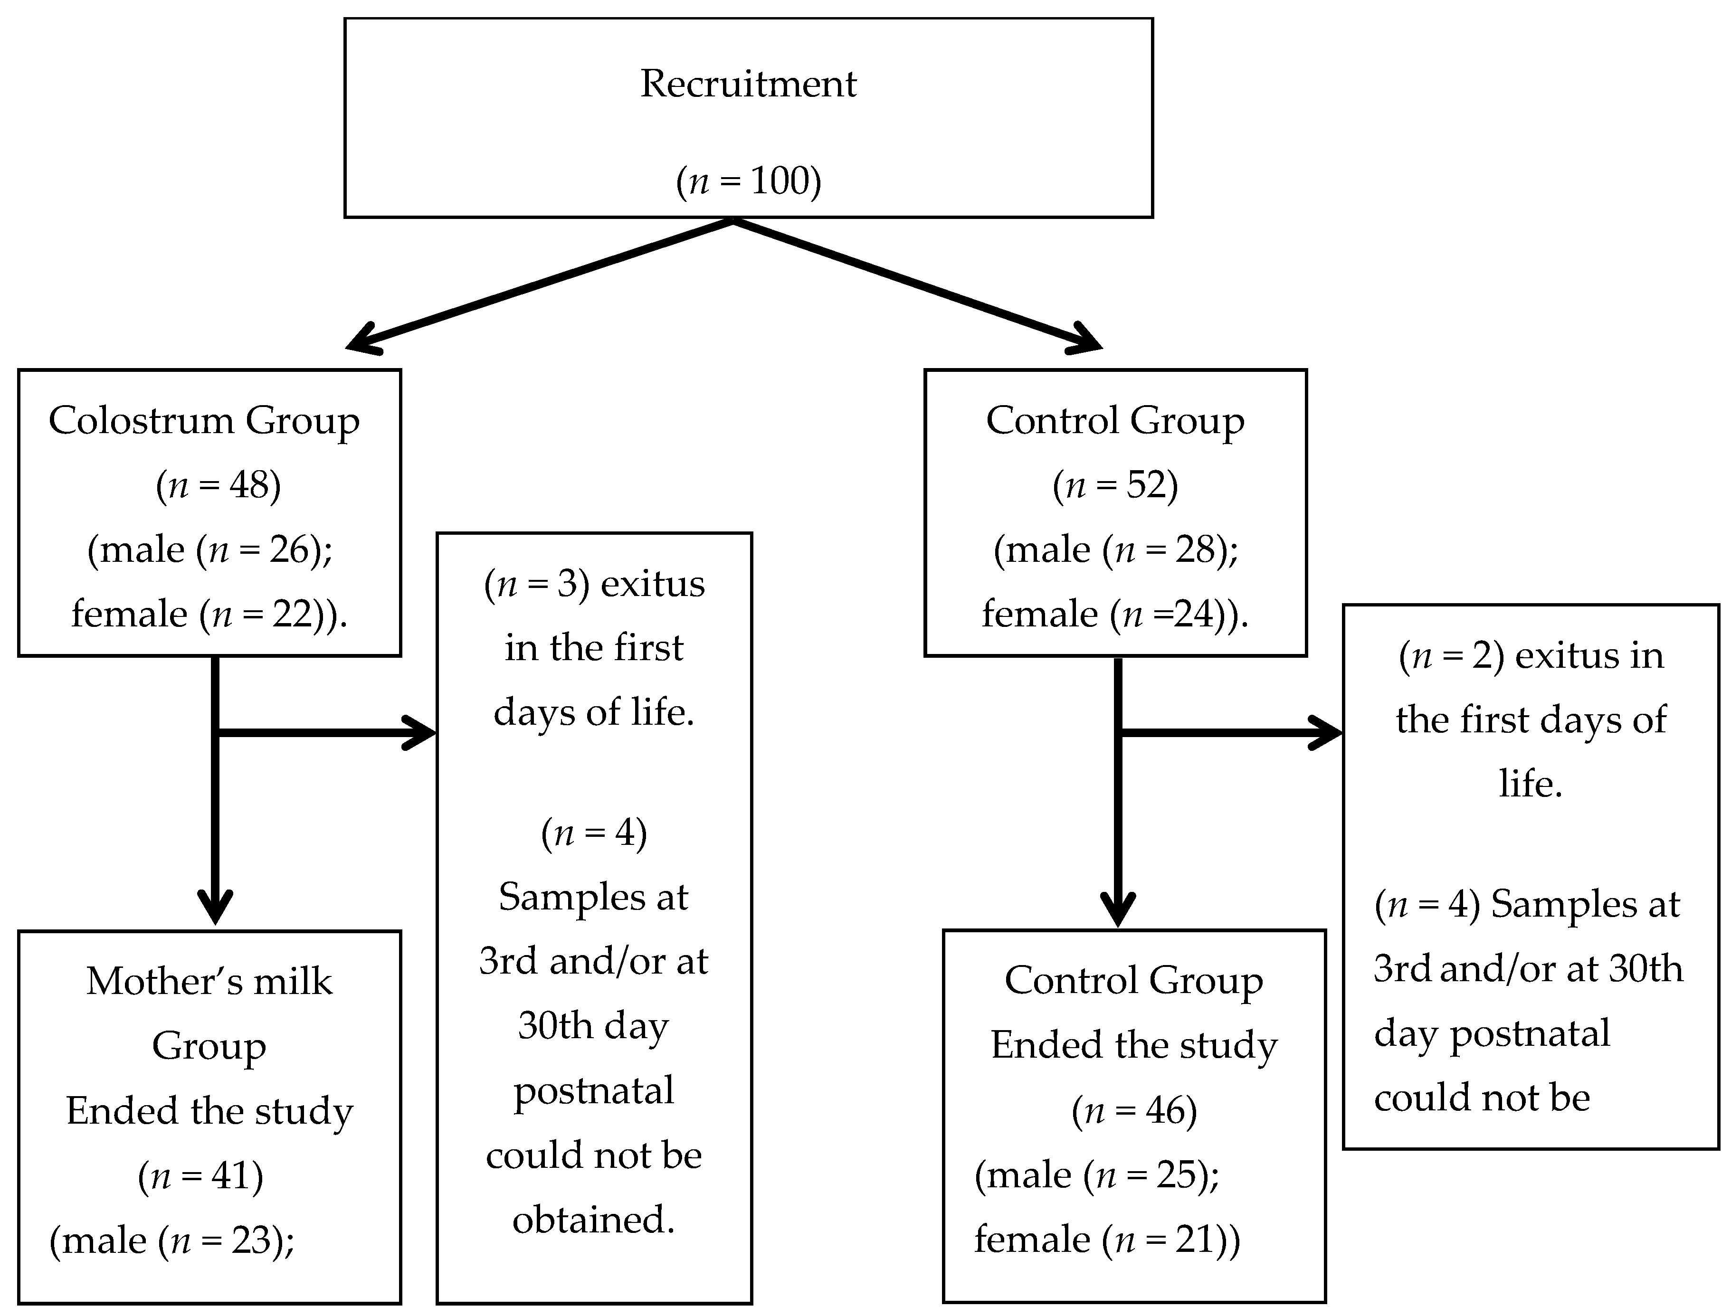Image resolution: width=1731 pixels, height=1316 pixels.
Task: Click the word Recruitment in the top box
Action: [748, 84]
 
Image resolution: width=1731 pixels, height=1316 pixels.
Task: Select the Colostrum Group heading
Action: [204, 421]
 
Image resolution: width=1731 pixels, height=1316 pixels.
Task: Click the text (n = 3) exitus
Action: [594, 584]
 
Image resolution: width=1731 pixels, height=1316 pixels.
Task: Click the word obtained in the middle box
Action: [593, 1220]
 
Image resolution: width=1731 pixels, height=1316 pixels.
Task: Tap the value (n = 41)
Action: [200, 1176]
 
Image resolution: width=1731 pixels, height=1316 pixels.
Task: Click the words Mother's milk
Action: [209, 982]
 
